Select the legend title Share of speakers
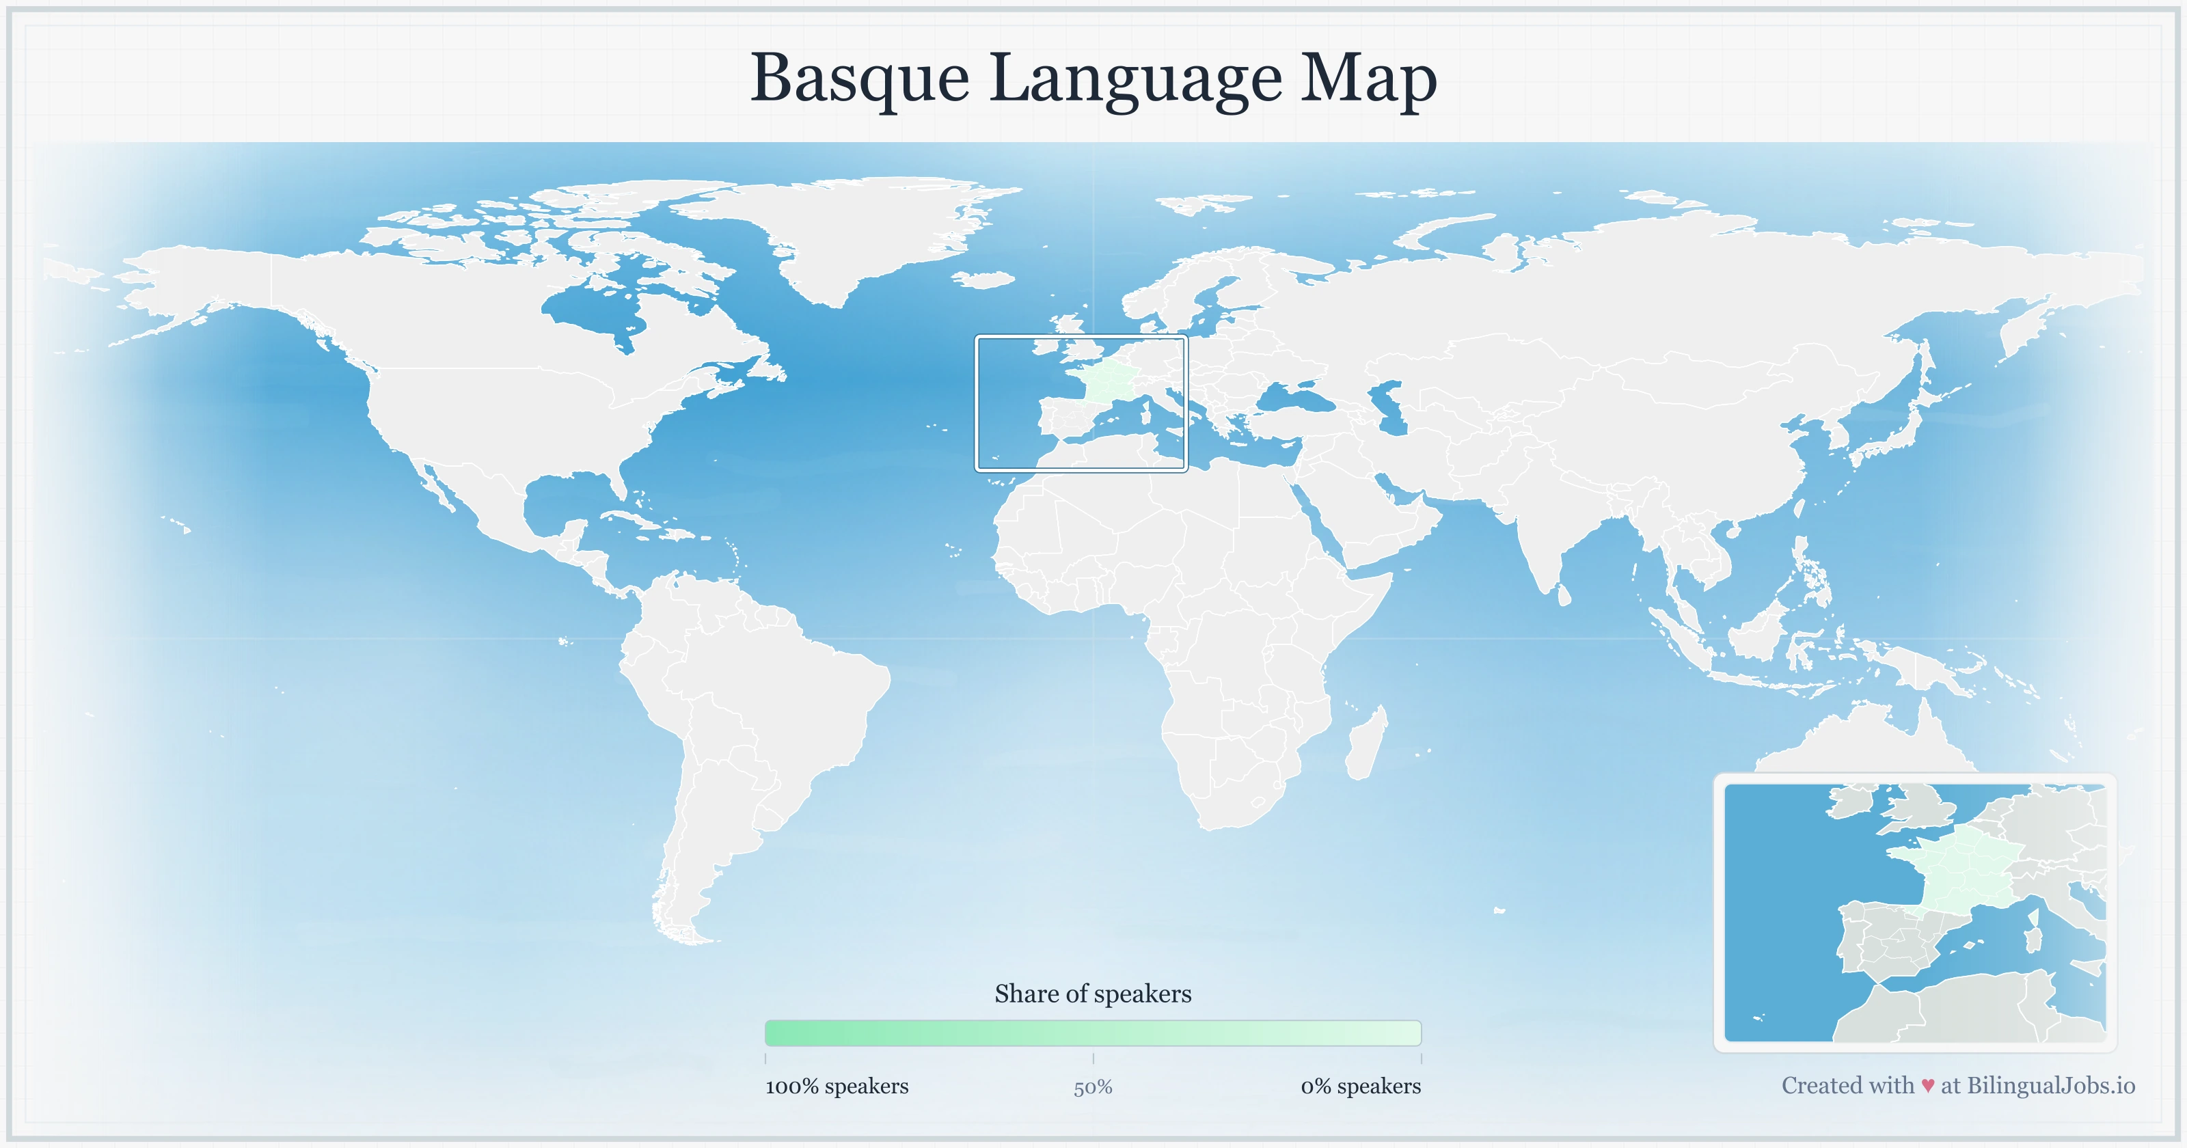1093,994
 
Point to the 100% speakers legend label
837,1086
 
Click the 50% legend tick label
1093,1088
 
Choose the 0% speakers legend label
1360,1086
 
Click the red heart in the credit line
1927,1086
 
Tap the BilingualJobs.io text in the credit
2050,1085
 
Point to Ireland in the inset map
1851,802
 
